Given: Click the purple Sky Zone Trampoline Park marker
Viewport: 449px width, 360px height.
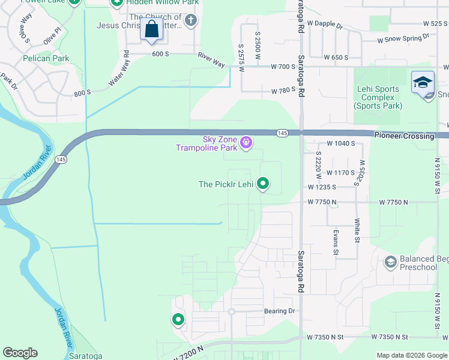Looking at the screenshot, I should (x=246, y=143).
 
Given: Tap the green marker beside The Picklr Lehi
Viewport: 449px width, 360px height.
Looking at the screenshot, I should (x=263, y=184).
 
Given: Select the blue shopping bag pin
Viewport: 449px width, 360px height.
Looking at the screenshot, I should (x=151, y=29).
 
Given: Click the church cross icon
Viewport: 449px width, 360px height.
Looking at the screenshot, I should (x=191, y=22).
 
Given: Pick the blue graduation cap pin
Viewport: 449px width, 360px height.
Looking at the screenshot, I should (x=423, y=83).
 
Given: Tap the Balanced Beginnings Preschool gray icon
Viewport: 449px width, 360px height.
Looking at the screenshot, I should (x=391, y=262).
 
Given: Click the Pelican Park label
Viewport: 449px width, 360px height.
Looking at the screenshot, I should (x=46, y=59).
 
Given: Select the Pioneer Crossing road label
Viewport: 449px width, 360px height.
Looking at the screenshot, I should (x=405, y=136).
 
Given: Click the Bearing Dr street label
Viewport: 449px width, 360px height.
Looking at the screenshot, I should (x=280, y=311).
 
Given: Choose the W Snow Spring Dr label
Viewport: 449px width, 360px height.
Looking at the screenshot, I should (x=403, y=38).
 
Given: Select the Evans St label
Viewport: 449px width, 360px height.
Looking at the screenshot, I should (x=335, y=239).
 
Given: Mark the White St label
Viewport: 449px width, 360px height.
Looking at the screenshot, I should (x=357, y=231).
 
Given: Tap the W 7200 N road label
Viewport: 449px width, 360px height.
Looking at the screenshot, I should (x=191, y=352).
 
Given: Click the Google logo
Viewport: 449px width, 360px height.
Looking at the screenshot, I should (x=20, y=353).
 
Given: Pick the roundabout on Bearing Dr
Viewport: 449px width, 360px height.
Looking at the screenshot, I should (x=231, y=311).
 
